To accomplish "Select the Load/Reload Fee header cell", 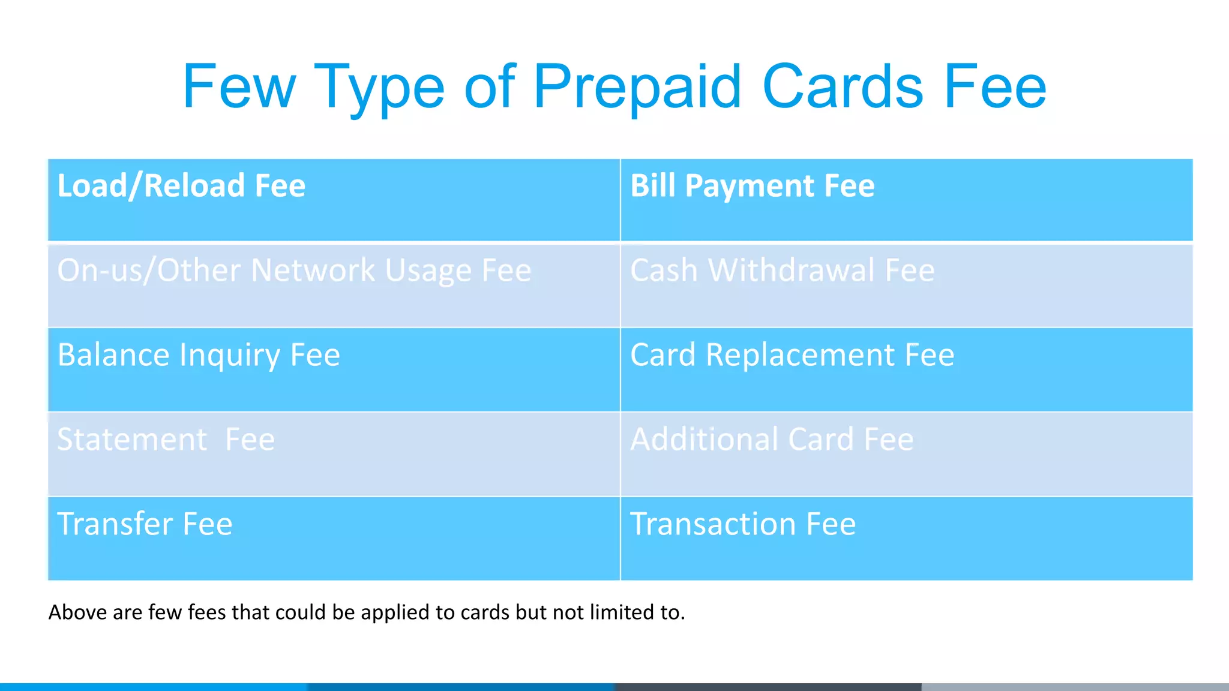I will pyautogui.click(x=334, y=200).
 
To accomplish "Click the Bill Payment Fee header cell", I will pyautogui.click(x=906, y=200).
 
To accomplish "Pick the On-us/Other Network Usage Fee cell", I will pyautogui.click(x=334, y=286).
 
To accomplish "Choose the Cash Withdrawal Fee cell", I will pyautogui.click(x=906, y=286).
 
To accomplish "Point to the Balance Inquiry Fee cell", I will pyautogui.click(x=334, y=369).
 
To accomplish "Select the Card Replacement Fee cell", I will pyautogui.click(x=906, y=369).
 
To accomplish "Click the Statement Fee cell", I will pyautogui.click(x=334, y=454).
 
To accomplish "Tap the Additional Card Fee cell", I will pyautogui.click(x=906, y=454).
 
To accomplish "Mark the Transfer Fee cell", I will pyautogui.click(x=334, y=538).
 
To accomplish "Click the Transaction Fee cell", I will pyautogui.click(x=906, y=538).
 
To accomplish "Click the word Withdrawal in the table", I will pyautogui.click(x=792, y=271).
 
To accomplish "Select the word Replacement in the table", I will pyautogui.click(x=800, y=355).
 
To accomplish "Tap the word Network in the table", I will pyautogui.click(x=313, y=271).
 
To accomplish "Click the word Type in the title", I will pyautogui.click(x=379, y=89).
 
